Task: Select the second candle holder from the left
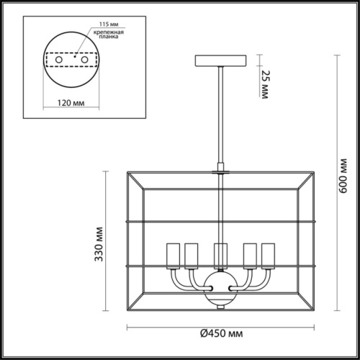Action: [192, 254]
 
